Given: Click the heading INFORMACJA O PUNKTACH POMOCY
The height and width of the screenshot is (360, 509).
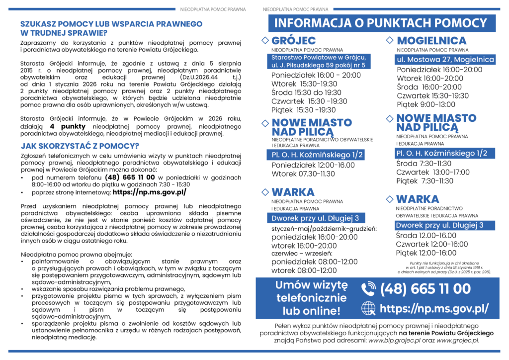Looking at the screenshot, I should point(381,23).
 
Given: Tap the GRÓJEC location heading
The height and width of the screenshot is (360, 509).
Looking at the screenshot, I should point(294,41).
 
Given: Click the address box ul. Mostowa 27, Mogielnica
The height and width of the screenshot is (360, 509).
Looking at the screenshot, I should point(444,60).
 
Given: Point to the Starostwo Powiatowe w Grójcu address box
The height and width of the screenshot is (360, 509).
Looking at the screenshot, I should point(318,62).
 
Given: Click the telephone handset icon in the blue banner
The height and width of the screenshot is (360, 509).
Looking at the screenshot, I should point(368,289).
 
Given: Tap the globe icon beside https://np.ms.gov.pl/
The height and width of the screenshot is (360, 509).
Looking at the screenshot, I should point(368,308).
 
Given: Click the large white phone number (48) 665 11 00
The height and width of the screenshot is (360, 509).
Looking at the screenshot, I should point(425,289).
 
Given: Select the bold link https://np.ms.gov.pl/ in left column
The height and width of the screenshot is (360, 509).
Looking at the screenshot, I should point(149,192).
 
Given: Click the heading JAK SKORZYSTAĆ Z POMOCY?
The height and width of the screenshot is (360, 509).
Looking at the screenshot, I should point(80,146).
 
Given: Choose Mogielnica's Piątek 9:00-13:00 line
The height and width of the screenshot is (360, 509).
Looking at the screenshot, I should point(426,104).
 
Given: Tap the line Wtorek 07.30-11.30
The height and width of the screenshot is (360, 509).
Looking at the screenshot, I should point(303,174).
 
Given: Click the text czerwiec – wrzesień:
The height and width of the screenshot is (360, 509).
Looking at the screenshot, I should point(298,253).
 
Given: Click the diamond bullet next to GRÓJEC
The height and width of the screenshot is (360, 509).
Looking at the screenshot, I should point(265,40).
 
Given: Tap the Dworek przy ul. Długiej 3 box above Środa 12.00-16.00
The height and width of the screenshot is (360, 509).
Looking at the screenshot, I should point(439,225).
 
